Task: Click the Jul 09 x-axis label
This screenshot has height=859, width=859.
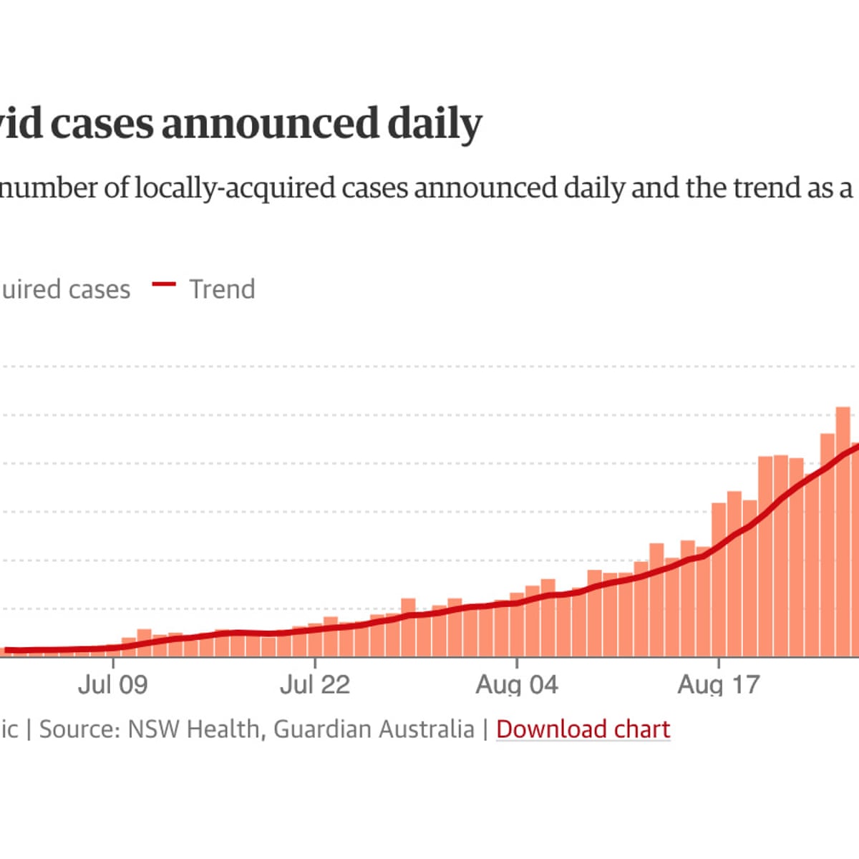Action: point(113,684)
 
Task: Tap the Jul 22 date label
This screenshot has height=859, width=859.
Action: point(315,684)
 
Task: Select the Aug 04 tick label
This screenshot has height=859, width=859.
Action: point(517,684)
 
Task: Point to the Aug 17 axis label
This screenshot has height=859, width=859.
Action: point(719,684)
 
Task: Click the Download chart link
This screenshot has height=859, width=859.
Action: point(583,729)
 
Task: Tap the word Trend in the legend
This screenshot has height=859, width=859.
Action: point(222,289)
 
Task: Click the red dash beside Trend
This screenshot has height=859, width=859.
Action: point(164,285)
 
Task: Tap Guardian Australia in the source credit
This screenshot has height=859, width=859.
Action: point(374,729)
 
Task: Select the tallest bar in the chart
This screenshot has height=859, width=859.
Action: point(843,530)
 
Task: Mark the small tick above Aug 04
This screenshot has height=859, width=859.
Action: point(517,663)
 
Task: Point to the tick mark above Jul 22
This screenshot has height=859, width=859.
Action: point(315,663)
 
